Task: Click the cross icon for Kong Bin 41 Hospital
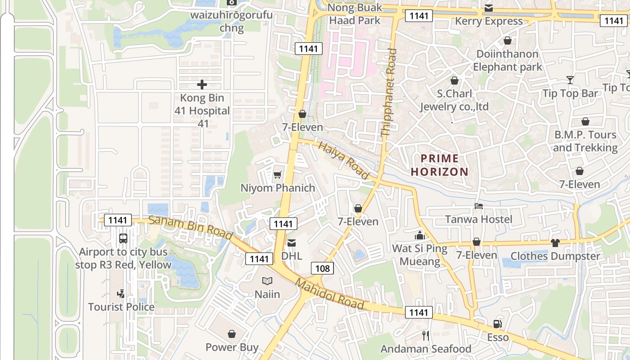(x=202, y=84)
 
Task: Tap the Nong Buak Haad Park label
(x=355, y=14)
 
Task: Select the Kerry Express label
(x=489, y=21)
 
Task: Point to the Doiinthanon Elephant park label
(x=508, y=60)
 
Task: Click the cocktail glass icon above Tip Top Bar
(x=570, y=80)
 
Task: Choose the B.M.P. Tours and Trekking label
(x=585, y=141)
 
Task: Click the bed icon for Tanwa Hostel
(x=479, y=207)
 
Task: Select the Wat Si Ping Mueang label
(x=420, y=255)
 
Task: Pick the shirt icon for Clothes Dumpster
(x=555, y=243)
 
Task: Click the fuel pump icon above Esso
(x=497, y=324)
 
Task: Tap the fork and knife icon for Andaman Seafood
(x=426, y=335)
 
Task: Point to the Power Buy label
(x=232, y=347)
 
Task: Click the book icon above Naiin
(x=267, y=281)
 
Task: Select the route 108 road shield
(x=323, y=269)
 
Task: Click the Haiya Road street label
(x=344, y=160)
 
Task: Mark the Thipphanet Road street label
(x=389, y=92)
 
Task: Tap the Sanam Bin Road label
(x=190, y=228)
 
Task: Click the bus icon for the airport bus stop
(x=123, y=238)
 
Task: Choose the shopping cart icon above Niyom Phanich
(x=278, y=175)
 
